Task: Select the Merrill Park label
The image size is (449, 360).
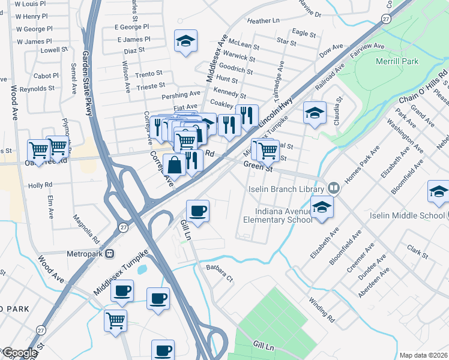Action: (x=397, y=62)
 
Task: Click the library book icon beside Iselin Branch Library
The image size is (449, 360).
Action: (x=334, y=188)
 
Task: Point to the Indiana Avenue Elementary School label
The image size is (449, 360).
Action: (x=277, y=215)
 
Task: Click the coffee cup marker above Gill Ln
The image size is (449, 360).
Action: (x=197, y=211)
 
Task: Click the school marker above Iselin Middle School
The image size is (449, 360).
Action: (x=439, y=193)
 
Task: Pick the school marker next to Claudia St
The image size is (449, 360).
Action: (x=315, y=113)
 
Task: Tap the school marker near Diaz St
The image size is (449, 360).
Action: (x=185, y=41)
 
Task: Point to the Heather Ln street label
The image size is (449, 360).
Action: (x=264, y=21)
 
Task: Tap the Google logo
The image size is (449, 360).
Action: (x=20, y=353)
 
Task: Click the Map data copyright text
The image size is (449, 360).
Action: (x=423, y=355)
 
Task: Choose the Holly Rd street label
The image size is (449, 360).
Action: (x=40, y=185)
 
